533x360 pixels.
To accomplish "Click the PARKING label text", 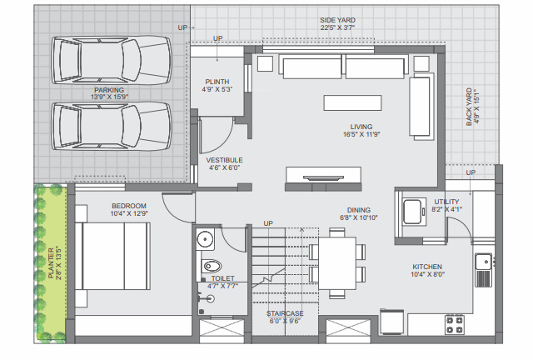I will pos(109,89).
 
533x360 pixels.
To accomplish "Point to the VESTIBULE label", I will pos(225,159).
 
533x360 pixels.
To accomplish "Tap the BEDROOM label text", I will pos(129,206).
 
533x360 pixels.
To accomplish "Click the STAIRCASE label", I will pos(284,313).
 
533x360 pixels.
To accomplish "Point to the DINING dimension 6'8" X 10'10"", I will pos(360,218).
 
